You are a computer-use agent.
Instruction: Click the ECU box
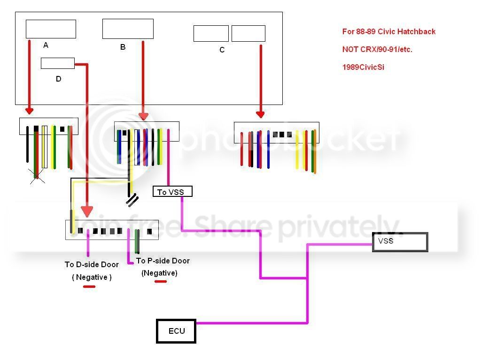coord(176,331)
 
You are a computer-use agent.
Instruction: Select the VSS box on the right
coord(400,242)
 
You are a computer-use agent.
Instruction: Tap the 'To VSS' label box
coord(172,192)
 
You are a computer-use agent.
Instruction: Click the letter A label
coord(46,45)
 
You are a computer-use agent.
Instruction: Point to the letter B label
coord(123,47)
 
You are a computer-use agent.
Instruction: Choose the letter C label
coord(222,50)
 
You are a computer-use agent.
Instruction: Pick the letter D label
coord(58,79)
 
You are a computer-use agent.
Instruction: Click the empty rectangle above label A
coord(51,29)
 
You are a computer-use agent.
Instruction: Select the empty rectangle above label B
coord(128,29)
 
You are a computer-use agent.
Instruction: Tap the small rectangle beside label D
coord(58,63)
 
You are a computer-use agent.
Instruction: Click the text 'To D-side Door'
coord(92,264)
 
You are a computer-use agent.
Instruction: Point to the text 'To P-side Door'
coord(163,261)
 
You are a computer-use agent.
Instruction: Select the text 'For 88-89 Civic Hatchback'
coord(388,31)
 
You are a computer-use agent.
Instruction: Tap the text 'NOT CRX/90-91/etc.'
coord(377,49)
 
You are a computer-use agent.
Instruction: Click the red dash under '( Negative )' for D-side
coord(89,286)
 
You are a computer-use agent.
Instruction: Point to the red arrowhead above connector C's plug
coord(260,114)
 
